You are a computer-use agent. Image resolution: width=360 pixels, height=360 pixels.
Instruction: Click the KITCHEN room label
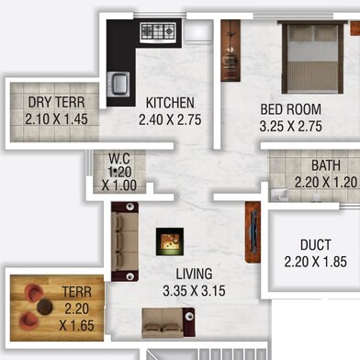[170, 103]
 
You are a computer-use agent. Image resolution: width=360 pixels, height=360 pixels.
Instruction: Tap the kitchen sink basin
[118, 84]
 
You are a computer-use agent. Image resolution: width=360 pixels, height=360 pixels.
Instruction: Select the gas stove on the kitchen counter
[158, 32]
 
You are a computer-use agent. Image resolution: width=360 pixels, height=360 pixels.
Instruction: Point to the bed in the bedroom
[312, 57]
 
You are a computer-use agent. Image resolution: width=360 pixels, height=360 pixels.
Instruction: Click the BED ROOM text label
[290, 109]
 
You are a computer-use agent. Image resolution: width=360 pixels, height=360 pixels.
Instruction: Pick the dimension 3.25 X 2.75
[290, 126]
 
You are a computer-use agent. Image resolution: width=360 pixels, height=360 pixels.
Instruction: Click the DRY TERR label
[56, 102]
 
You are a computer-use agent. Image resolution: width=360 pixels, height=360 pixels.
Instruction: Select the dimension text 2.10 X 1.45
[56, 119]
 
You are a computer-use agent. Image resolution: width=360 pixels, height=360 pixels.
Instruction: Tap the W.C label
[119, 158]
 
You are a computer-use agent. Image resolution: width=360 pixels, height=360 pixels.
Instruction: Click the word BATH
[326, 165]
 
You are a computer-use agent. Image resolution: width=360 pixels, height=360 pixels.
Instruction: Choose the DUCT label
[316, 245]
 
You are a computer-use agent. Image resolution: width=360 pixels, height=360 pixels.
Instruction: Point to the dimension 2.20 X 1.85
[316, 262]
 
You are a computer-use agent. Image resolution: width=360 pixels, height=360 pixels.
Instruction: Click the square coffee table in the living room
[170, 242]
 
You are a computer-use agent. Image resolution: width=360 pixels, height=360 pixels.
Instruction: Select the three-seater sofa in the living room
[125, 242]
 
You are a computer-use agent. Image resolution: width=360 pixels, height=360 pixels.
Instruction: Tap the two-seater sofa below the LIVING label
[168, 322]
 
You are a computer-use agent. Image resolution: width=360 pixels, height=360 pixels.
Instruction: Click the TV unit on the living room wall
[253, 232]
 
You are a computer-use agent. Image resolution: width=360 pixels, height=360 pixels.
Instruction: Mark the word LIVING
[194, 274]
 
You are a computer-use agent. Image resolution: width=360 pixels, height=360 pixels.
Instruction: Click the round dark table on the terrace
[45, 307]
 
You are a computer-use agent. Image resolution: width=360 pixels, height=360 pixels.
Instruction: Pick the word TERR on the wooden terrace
[76, 292]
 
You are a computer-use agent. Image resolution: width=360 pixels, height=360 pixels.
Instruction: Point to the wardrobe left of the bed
[231, 51]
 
